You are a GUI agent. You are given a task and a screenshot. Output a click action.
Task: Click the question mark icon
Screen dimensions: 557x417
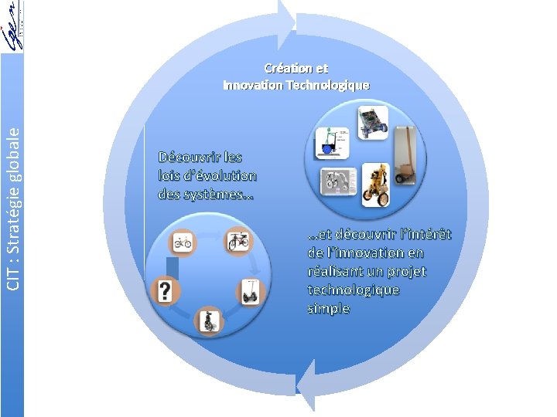(165, 291)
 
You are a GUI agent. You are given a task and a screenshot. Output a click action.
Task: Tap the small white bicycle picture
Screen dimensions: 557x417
(183, 242)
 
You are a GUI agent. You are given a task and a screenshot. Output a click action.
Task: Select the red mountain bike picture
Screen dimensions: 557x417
(237, 241)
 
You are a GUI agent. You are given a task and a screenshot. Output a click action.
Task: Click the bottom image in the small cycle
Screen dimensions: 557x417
(209, 320)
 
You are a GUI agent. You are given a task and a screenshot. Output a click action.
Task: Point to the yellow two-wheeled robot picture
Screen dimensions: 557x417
(375, 185)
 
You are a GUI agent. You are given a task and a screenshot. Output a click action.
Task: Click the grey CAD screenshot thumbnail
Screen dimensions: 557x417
(338, 181)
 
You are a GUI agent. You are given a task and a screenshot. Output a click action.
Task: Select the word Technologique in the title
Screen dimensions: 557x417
(328, 85)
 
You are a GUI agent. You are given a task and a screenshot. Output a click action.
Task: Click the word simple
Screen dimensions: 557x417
(328, 309)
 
